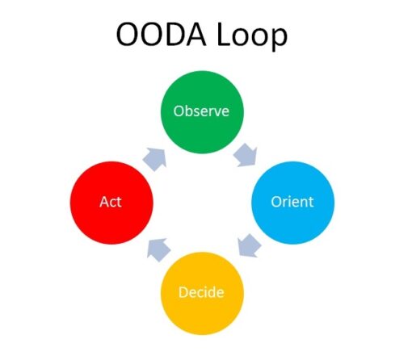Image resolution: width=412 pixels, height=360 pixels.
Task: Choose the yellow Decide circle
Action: coord(200,291)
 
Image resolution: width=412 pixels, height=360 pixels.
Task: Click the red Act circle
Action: coord(111,201)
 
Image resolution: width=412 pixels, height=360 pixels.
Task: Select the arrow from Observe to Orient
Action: coord(245,156)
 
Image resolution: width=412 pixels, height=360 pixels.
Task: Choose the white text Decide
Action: coord(200,291)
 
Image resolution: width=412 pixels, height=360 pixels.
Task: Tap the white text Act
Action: coord(111,201)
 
